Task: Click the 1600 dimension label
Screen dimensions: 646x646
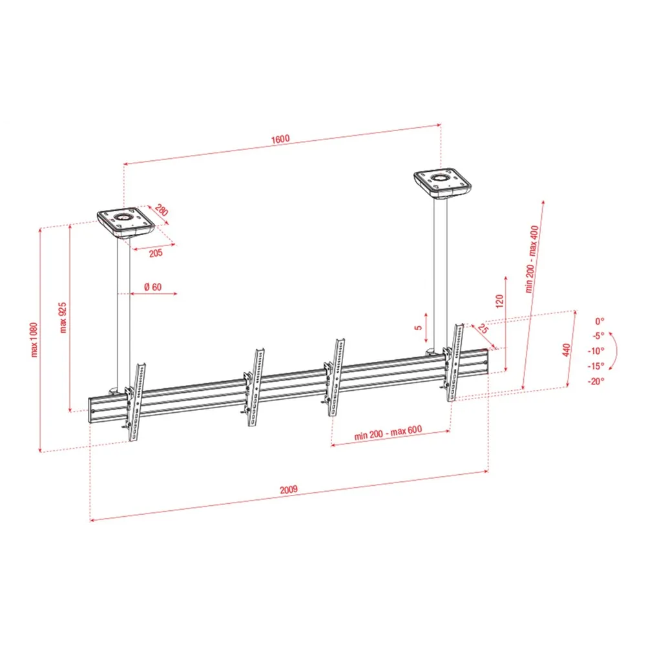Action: pos(280,140)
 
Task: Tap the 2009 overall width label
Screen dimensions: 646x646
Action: pos(288,490)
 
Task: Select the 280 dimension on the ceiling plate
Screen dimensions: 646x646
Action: pos(161,210)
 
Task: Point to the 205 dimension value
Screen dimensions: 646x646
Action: pos(156,253)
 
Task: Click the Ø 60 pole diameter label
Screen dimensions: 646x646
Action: pos(153,287)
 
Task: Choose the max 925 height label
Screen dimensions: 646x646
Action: pos(63,317)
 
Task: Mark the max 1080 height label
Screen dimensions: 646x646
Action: pos(34,340)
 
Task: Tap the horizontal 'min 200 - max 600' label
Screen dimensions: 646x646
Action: pos(388,432)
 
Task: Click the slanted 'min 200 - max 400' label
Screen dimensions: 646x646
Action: pos(532,259)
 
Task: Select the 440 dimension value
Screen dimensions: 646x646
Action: pos(567,349)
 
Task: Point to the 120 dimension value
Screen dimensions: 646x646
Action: pos(500,301)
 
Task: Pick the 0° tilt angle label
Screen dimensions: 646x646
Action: pos(600,320)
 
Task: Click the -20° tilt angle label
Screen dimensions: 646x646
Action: pos(596,381)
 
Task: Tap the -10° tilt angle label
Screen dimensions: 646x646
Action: pos(596,351)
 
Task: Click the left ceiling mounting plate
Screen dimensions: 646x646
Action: pos(126,223)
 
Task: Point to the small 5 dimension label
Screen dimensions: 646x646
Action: pos(419,328)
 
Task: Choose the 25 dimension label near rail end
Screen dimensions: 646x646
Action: pos(483,328)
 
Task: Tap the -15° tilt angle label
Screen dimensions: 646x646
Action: pos(596,366)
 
